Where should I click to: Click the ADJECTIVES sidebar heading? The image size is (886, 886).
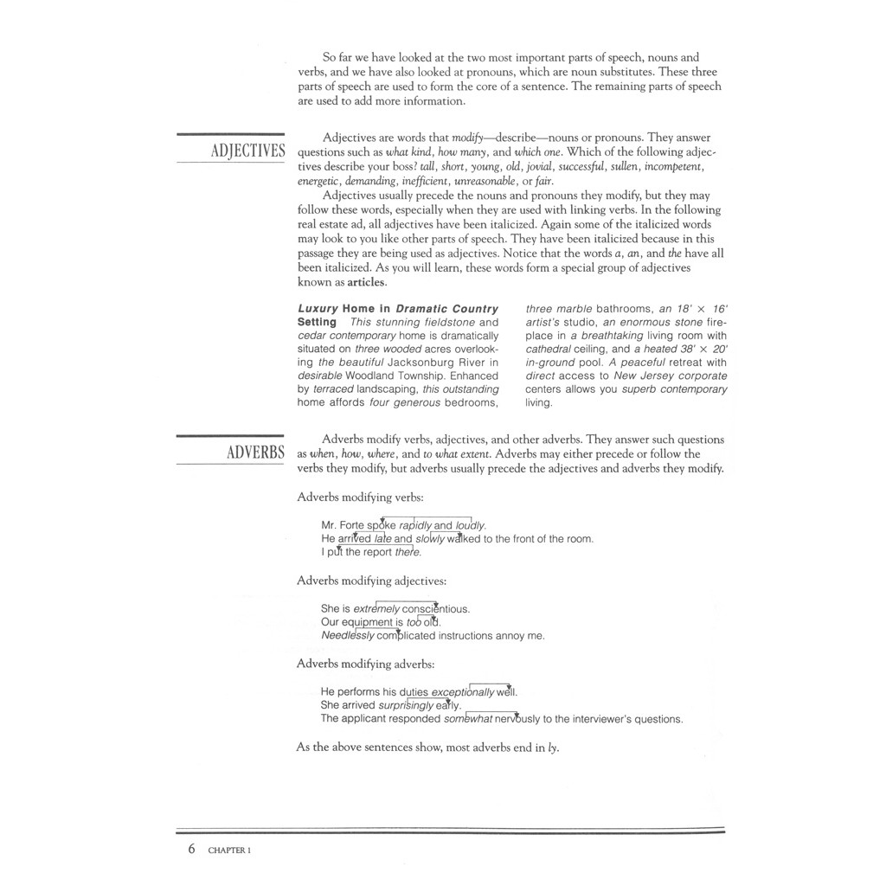247,151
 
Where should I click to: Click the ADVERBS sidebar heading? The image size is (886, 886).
255,453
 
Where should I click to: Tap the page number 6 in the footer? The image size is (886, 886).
191,850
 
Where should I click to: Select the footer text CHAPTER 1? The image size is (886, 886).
229,851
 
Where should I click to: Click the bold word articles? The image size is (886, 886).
367,282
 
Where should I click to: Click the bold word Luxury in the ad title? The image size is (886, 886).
318,308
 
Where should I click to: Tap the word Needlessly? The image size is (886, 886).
348,636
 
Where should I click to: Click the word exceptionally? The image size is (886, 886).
463,692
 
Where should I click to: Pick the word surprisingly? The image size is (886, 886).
406,705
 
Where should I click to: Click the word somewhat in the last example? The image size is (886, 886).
467,719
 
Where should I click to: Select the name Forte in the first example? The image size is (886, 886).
352,525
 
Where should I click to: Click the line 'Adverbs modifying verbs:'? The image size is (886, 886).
360,498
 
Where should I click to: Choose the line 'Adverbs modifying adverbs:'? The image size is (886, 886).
365,664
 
